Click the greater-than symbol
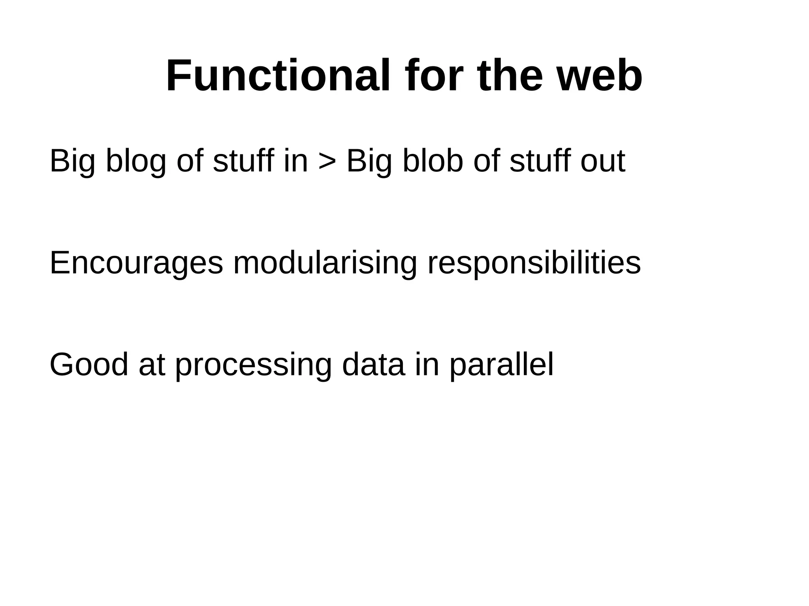point(327,162)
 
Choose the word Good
point(89,365)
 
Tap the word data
point(373,365)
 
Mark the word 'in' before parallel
point(427,365)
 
